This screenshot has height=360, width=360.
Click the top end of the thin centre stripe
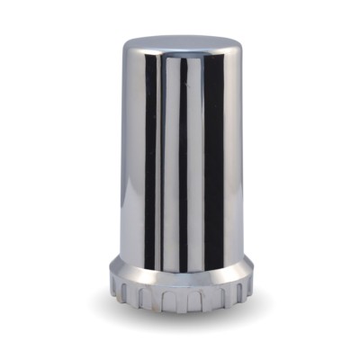[x=183, y=61]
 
